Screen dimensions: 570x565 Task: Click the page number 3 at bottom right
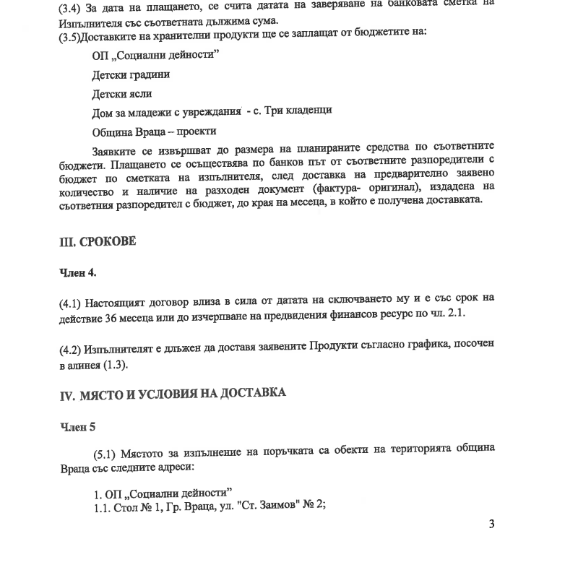point(491,524)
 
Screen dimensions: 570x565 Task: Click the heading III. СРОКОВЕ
point(98,242)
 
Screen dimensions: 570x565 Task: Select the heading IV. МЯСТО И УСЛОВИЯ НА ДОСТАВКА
point(173,394)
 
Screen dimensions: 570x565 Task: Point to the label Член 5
point(77,426)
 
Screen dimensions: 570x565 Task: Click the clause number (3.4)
point(70,4)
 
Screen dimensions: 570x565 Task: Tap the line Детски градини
point(131,74)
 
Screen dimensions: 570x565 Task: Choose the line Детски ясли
point(122,94)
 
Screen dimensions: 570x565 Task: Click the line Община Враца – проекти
point(154,132)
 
